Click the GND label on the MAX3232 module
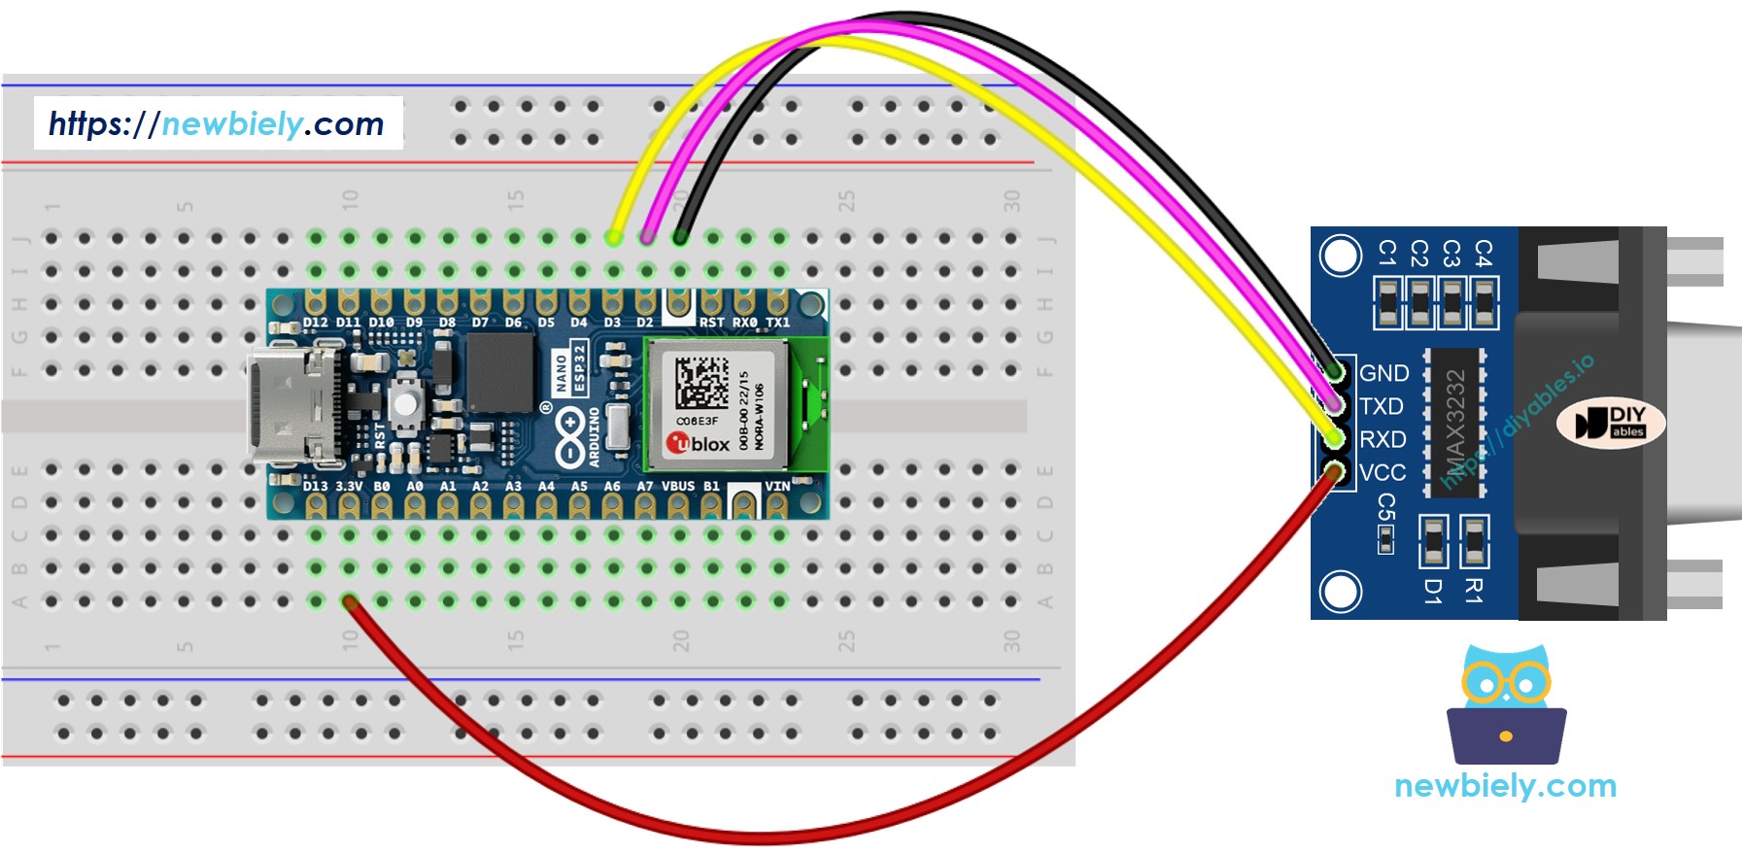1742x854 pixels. (x=1383, y=373)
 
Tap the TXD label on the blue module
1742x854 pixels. (x=1381, y=406)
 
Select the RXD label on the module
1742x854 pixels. (x=1383, y=439)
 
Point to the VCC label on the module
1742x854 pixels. (x=1383, y=472)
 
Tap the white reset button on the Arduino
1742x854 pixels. (x=406, y=400)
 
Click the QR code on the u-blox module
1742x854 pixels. (x=701, y=382)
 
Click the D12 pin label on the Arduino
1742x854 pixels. (x=315, y=322)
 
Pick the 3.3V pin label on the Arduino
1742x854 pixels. (x=348, y=486)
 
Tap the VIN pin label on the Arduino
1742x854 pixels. (x=777, y=486)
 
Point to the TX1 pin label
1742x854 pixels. (x=777, y=322)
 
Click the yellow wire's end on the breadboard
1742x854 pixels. (x=614, y=237)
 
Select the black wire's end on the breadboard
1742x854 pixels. (x=680, y=237)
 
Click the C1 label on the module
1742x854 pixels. (x=1387, y=254)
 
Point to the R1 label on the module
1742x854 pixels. (x=1474, y=590)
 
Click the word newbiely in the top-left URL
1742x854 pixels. (x=233, y=123)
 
